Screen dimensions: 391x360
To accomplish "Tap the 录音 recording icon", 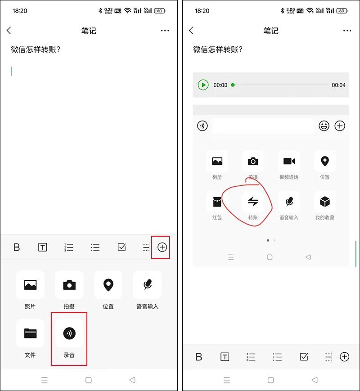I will pyautogui.click(x=69, y=333).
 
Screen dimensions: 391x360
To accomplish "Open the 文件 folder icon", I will pyautogui.click(x=30, y=333).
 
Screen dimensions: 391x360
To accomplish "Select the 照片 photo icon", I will pyautogui.click(x=30, y=285).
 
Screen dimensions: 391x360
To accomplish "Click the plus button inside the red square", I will pyautogui.click(x=162, y=247).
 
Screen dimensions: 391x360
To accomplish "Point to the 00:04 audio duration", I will pyautogui.click(x=338, y=85).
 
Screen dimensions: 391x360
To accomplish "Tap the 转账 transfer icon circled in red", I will pyautogui.click(x=253, y=202).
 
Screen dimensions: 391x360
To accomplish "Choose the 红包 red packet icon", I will pyautogui.click(x=217, y=202).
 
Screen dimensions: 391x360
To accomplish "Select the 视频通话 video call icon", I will pyautogui.click(x=289, y=162).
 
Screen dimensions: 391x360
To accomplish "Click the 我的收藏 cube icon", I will pyautogui.click(x=325, y=202).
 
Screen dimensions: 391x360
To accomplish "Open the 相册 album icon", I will pyautogui.click(x=217, y=162).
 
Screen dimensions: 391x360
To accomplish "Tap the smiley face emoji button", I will pyautogui.click(x=324, y=126).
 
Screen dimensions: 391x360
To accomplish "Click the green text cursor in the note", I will pyautogui.click(x=11, y=71).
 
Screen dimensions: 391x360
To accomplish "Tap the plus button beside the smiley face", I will pyautogui.click(x=340, y=126).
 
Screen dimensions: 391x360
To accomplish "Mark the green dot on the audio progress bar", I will pyautogui.click(x=233, y=85).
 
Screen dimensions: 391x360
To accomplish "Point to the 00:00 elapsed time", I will pyautogui.click(x=220, y=85).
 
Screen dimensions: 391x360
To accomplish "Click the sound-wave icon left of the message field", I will pyautogui.click(x=202, y=126).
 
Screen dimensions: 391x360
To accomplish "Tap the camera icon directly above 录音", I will pyautogui.click(x=69, y=285).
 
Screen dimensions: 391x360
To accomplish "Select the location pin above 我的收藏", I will pyautogui.click(x=325, y=162).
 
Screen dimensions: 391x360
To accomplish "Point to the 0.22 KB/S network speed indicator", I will pyautogui.click(x=108, y=10).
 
